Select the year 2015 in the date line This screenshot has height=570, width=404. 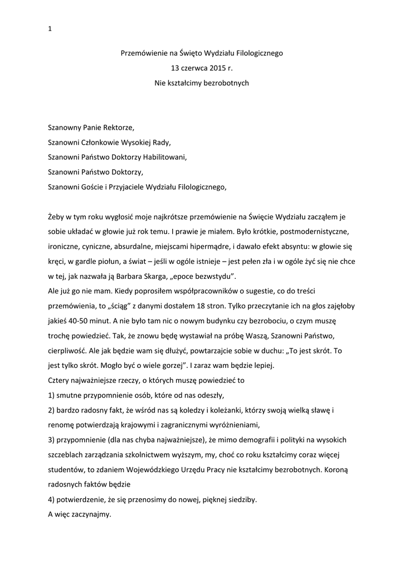tap(219, 68)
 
